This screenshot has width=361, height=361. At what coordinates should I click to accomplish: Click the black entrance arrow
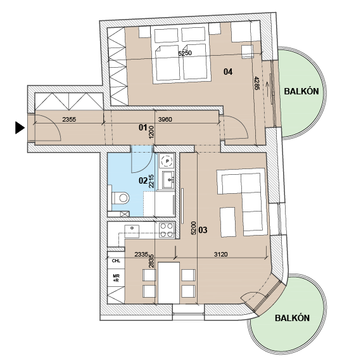(x=20, y=128)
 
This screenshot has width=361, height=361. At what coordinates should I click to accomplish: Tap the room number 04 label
(x=228, y=72)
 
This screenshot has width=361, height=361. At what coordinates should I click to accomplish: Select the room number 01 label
(x=142, y=127)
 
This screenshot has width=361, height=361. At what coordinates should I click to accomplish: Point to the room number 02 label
(x=143, y=180)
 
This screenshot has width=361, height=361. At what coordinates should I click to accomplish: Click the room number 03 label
(x=203, y=230)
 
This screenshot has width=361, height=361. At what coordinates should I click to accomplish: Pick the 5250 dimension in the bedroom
(x=185, y=53)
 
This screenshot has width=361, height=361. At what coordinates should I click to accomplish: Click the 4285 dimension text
(x=256, y=83)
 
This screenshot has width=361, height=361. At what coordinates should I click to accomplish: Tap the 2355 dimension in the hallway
(x=69, y=119)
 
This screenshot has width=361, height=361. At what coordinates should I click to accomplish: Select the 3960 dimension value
(x=165, y=119)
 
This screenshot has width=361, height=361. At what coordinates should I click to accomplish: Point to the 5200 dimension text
(x=194, y=228)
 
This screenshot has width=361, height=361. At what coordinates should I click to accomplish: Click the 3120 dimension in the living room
(x=220, y=254)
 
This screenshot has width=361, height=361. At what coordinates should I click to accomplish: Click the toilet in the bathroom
(x=120, y=198)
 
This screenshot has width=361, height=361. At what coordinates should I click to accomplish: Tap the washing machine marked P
(x=167, y=161)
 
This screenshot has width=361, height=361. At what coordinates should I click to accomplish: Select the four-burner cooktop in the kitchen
(x=167, y=230)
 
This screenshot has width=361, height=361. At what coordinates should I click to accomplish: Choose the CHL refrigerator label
(x=116, y=261)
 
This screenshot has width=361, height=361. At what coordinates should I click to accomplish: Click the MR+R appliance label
(x=116, y=278)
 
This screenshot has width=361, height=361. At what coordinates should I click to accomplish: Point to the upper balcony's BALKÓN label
(x=301, y=91)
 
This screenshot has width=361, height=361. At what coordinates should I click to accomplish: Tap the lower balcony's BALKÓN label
(x=292, y=318)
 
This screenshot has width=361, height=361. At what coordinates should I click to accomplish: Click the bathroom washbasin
(x=168, y=180)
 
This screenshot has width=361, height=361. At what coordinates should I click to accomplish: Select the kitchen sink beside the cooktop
(x=132, y=231)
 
